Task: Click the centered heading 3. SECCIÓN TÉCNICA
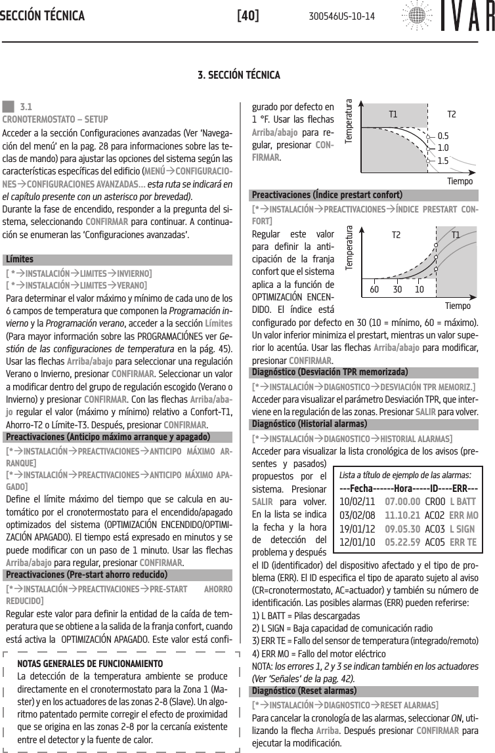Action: (247, 75)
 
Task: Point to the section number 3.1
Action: (28, 106)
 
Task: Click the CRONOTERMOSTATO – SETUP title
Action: (56, 119)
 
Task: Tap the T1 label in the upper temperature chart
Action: (393, 114)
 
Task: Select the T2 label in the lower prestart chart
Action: (396, 235)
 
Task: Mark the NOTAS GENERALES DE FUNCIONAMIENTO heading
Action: (91, 663)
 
